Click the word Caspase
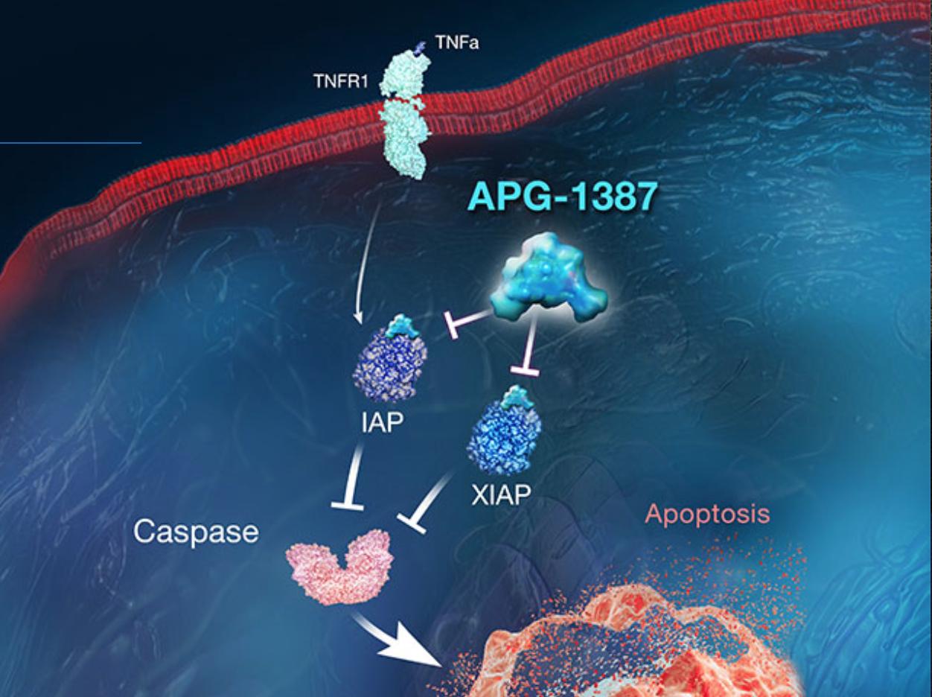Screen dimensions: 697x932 click(197, 532)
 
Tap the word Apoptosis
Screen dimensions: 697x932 click(707, 514)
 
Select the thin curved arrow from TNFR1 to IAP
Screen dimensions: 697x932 click(366, 261)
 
